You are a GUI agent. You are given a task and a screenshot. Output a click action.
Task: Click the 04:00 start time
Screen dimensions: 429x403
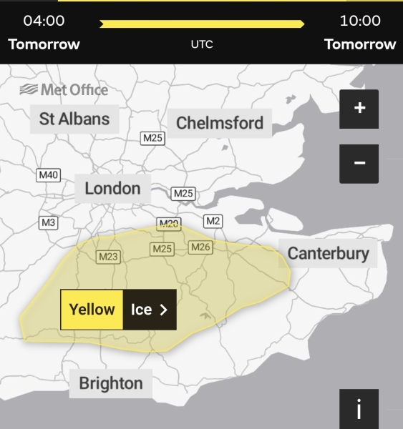pos(44,21)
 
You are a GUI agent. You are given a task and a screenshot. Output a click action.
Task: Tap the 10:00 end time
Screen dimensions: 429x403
pos(360,21)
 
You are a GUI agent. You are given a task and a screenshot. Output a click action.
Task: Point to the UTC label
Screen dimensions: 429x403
pos(202,44)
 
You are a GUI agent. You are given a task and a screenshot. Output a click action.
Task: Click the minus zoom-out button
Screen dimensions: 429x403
pos(359,164)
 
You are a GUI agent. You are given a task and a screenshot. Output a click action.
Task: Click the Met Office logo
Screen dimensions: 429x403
pos(64,90)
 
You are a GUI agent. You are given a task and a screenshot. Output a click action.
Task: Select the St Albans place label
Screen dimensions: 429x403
pos(74,119)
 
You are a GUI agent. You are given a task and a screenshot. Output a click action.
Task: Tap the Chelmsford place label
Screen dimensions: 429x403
pos(220,123)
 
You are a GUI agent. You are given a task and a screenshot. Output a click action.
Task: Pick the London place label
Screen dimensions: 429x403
pos(112,189)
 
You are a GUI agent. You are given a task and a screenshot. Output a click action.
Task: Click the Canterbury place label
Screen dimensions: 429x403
pos(329,253)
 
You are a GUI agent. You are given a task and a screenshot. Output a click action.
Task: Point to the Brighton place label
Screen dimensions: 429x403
pos(111,383)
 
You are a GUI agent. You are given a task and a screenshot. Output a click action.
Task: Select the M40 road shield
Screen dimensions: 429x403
pos(49,174)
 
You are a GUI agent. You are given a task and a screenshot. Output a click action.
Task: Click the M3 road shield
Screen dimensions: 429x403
pos(48,222)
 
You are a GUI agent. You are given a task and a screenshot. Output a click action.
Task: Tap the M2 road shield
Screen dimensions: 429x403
pos(213,220)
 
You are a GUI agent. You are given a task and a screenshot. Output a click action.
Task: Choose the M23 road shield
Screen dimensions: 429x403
pos(108,257)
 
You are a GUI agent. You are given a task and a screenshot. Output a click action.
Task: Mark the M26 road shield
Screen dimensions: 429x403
pos(201,247)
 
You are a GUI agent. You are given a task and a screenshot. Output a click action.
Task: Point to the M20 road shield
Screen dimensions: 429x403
pos(169,225)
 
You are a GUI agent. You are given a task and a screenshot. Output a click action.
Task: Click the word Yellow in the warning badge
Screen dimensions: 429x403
pos(92,310)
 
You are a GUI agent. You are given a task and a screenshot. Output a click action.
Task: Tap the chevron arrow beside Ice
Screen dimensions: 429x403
pos(163,310)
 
